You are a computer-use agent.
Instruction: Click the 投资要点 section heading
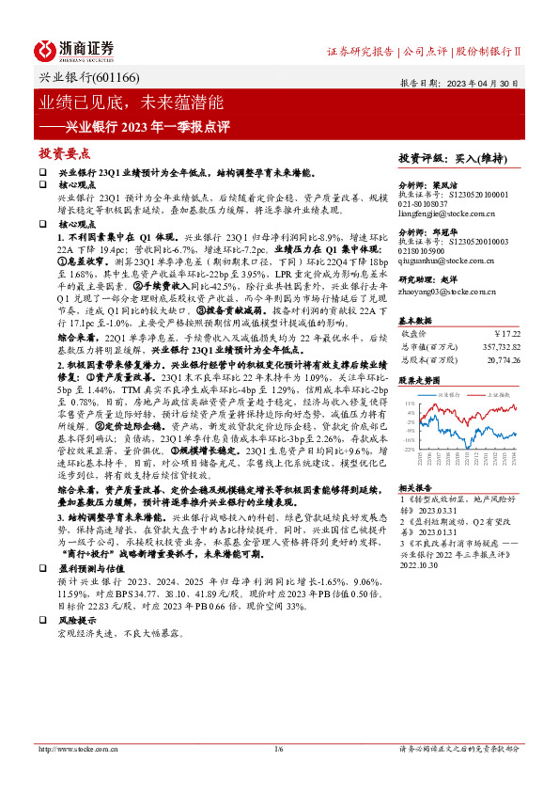point(65,152)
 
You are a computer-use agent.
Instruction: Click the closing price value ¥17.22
point(505,332)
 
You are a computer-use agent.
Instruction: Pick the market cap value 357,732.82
point(495,345)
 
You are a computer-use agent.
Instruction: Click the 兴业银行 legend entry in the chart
point(447,395)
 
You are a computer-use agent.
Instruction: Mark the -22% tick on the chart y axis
point(408,449)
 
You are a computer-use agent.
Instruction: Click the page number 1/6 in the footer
point(279,749)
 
